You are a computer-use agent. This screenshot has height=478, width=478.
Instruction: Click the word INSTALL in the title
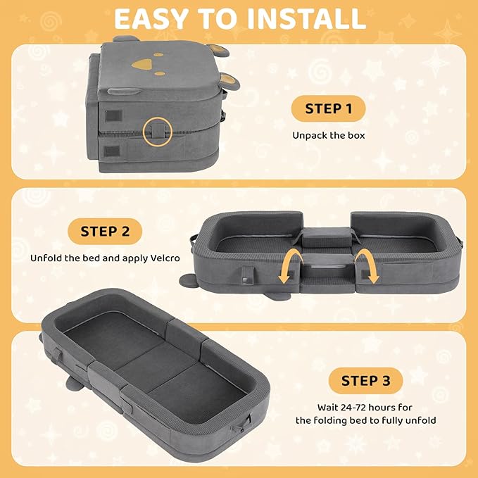point(306,19)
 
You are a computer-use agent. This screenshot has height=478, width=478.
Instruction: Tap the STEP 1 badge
point(328,108)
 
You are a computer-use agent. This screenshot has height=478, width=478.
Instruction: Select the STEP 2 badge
point(105,232)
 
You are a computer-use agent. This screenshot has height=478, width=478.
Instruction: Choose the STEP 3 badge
point(365,381)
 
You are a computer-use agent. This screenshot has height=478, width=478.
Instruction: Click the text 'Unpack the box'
point(329,135)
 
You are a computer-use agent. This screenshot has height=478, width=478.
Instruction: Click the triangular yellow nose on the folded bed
point(141,64)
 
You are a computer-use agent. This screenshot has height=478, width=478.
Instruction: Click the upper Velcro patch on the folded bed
point(113,116)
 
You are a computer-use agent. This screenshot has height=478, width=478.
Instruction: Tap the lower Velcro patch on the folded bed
point(111,151)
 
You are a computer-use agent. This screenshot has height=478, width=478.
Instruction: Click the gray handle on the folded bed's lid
point(124,91)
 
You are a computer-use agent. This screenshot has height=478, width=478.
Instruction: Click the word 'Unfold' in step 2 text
point(46,258)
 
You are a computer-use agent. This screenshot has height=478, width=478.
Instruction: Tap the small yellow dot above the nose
point(158,55)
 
